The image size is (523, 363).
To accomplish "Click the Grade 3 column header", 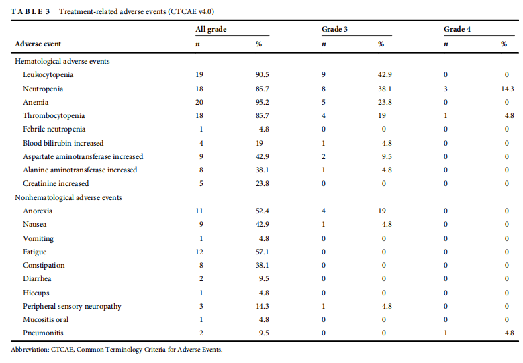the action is (x=334, y=29).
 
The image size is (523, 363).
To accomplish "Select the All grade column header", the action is (x=211, y=30).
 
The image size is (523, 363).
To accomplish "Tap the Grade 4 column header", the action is (x=457, y=29).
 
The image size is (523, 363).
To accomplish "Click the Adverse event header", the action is (x=38, y=44).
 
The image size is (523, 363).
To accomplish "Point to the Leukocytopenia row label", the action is (x=48, y=74).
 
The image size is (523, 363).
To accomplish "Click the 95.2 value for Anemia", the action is (x=262, y=102).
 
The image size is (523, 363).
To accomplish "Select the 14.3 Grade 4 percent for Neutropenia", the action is (x=508, y=89).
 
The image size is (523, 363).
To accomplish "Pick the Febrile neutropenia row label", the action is (x=54, y=129).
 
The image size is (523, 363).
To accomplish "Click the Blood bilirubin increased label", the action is (x=63, y=143).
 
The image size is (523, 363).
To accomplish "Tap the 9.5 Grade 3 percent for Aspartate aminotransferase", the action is (x=387, y=156).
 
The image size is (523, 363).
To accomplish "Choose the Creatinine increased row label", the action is (x=56, y=183).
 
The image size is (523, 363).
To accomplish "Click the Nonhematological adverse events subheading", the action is (x=68, y=197).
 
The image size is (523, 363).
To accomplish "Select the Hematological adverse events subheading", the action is (x=62, y=61).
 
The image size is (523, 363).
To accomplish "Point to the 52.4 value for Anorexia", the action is (x=262, y=211).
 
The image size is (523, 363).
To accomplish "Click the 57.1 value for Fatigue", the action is (x=262, y=252).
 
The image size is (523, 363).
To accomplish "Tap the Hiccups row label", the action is (x=36, y=293).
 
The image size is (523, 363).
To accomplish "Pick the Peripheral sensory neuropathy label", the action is (x=72, y=307).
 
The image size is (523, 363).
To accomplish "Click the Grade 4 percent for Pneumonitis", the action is (x=510, y=333).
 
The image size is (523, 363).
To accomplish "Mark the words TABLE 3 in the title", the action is (x=30, y=11).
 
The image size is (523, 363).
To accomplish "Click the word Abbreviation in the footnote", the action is (x=30, y=350).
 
